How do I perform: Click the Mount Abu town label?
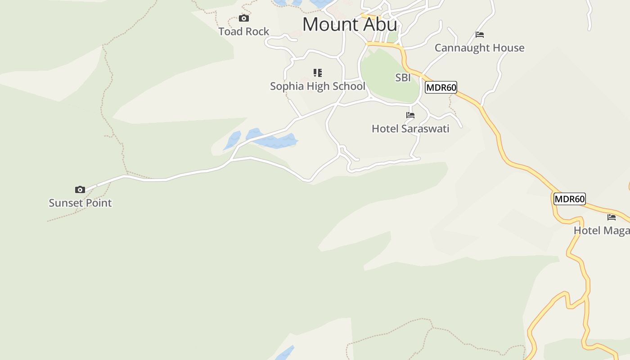point(350,24)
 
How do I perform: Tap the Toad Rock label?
point(243,31)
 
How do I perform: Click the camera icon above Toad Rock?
point(244,18)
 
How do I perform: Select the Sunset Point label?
point(80,203)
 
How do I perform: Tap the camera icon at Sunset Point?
point(80,190)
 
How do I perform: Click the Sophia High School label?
point(317,86)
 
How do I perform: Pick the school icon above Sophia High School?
point(318,73)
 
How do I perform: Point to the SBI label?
point(403,78)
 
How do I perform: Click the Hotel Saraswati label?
point(410,129)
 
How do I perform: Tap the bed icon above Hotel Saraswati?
point(410,115)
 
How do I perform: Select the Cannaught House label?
point(479,48)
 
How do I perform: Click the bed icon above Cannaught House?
point(480,35)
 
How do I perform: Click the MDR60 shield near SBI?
point(441,87)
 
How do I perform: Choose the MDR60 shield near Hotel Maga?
point(569,199)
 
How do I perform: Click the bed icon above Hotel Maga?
point(612,217)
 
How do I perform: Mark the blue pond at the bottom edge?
point(284,353)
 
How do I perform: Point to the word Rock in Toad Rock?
point(256,31)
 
